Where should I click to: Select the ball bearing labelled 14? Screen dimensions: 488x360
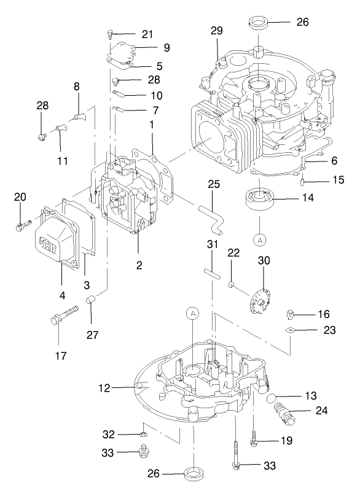259,199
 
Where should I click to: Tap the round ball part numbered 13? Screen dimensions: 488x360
273,400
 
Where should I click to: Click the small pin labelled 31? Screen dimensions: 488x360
212,270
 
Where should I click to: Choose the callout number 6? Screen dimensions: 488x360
334,160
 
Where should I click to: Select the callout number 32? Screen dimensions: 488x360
109,434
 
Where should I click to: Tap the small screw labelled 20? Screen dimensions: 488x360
20,227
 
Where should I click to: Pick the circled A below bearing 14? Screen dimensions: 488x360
259,237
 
